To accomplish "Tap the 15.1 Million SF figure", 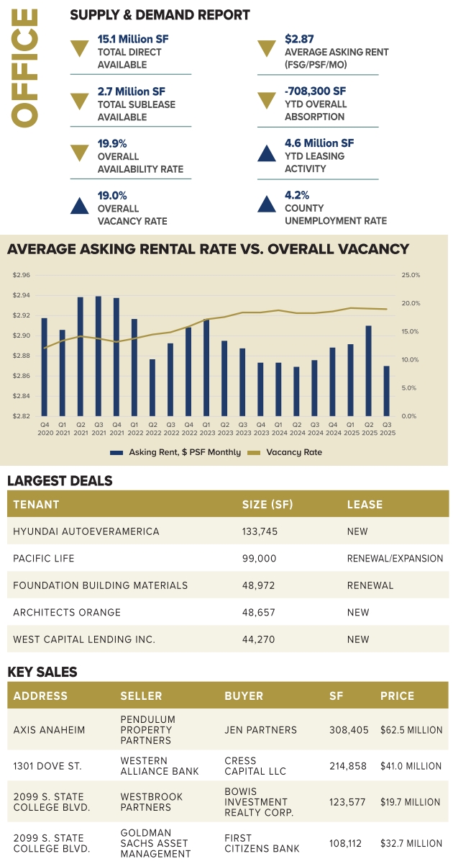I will (x=134, y=39).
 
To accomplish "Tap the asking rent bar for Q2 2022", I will (x=152, y=387).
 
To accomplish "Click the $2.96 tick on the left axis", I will (x=22, y=275).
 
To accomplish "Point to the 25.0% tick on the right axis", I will (x=410, y=275).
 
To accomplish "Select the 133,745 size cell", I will (x=260, y=531).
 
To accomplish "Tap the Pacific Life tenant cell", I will (x=44, y=558).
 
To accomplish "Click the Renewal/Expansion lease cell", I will (x=395, y=558).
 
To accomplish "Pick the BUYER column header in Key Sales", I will (x=244, y=696).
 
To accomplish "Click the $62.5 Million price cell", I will (x=411, y=730).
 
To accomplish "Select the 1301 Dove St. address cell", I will (x=47, y=766).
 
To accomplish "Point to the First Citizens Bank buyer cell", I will (x=257, y=843).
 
